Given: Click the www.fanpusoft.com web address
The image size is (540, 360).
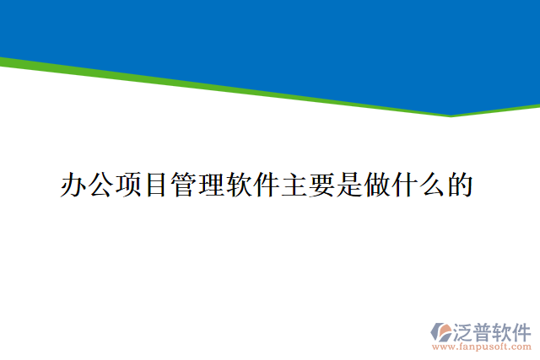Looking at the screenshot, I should click(481, 347).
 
